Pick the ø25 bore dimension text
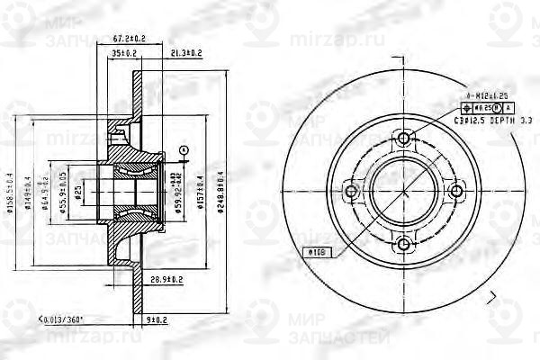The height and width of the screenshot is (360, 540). click(78, 192)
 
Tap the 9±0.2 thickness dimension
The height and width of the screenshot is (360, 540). click(155, 319)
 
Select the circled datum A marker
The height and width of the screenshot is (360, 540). click(183, 149)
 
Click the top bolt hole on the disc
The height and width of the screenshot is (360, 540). click(404, 139)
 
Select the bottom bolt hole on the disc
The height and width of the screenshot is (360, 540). click(404, 243)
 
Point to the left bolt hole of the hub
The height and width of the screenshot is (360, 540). click(352, 191)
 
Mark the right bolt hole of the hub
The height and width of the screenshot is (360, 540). click(456, 191)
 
